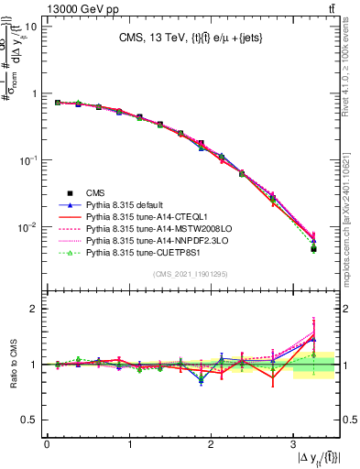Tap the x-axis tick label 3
click(293, 444)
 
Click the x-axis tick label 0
click(47, 444)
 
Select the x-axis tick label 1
click(129, 444)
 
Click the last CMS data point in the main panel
click(313, 248)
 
